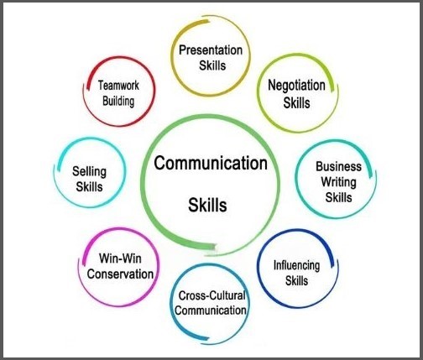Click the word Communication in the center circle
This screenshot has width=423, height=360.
(211, 163)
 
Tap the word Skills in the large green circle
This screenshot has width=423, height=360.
(207, 205)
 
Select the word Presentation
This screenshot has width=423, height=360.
(211, 50)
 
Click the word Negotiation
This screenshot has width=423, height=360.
(296, 86)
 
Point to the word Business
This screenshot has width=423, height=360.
(338, 166)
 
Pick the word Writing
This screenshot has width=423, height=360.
(338, 182)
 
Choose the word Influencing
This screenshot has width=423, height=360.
(296, 265)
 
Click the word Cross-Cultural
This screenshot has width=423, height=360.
(211, 295)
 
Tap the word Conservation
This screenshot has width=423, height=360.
(120, 274)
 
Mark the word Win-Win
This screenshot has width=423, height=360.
(120, 258)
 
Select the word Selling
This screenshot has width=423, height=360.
(89, 172)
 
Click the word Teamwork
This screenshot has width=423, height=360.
(118, 86)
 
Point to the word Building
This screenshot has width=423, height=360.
(118, 102)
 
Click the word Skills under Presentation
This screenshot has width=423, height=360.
(212, 65)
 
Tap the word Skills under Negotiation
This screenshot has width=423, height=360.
(296, 102)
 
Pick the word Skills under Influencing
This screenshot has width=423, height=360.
(296, 280)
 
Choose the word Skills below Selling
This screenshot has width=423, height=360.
(89, 187)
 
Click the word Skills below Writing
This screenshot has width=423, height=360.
(338, 197)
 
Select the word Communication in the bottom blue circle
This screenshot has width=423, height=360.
(211, 310)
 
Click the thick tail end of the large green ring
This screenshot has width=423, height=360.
(214, 248)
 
